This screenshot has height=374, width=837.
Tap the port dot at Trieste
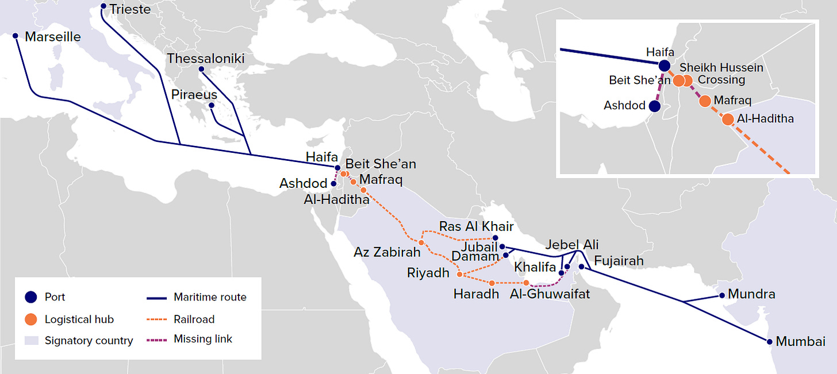(x=103, y=7)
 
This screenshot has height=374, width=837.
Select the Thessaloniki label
(x=206, y=59)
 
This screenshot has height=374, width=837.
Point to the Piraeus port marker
(x=212, y=106)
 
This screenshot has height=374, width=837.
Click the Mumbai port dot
(x=769, y=342)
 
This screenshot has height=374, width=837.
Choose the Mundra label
(x=751, y=295)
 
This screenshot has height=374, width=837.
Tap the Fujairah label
(x=619, y=261)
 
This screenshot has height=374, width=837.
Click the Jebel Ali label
(x=572, y=244)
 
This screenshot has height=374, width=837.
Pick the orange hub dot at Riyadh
(x=459, y=275)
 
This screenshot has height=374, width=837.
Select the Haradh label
(x=476, y=295)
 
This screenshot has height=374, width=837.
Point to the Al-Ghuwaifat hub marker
(x=526, y=283)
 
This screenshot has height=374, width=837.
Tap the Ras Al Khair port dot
(x=496, y=238)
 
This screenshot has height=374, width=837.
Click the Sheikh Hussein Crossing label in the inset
(x=722, y=74)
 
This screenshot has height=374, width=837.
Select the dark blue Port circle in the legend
(x=32, y=297)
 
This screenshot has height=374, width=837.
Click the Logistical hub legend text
(x=79, y=319)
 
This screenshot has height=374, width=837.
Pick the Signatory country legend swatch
(x=32, y=341)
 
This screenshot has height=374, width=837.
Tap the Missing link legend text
(x=203, y=339)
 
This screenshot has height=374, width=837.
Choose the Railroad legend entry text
(x=194, y=319)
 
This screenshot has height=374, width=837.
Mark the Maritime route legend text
(x=210, y=297)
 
